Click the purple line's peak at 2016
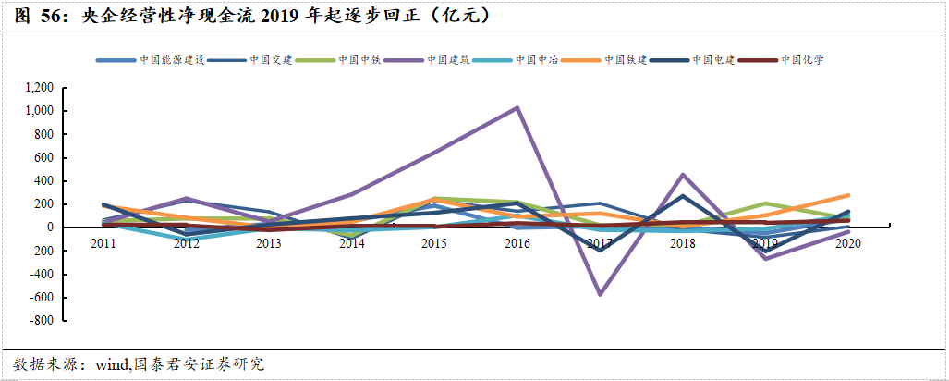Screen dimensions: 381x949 tap(517, 107)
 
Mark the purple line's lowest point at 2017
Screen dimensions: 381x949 tap(600, 294)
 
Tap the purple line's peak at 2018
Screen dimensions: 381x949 tap(682, 174)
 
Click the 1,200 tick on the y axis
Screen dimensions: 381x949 tap(41, 88)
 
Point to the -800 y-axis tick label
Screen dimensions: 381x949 tap(43, 321)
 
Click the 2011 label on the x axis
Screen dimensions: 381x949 tap(104, 243)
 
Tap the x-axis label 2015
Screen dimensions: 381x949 tap(434, 243)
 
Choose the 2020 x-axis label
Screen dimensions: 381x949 tap(847, 243)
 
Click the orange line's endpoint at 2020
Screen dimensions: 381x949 tap(847, 195)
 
